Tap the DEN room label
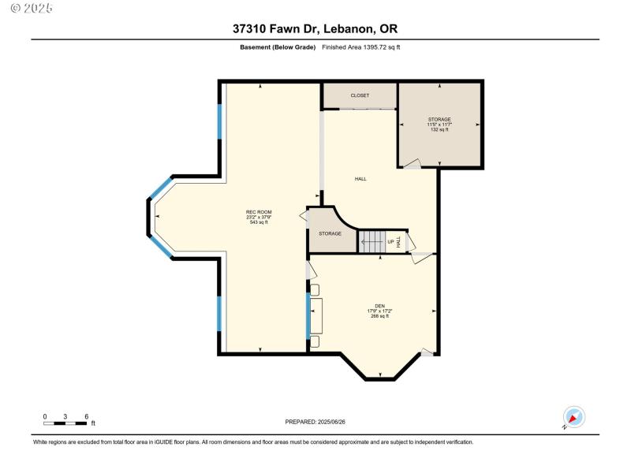coord(379,306)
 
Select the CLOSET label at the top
coord(360,95)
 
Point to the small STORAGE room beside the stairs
coord(330,233)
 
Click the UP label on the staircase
coord(390,242)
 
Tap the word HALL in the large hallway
coord(360,179)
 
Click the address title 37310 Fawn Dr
coord(315,29)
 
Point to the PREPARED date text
coord(315,422)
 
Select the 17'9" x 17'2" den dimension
coord(379,311)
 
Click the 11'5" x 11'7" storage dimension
coord(439,125)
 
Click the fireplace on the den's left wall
coord(317,317)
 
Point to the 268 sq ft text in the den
coord(379,316)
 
